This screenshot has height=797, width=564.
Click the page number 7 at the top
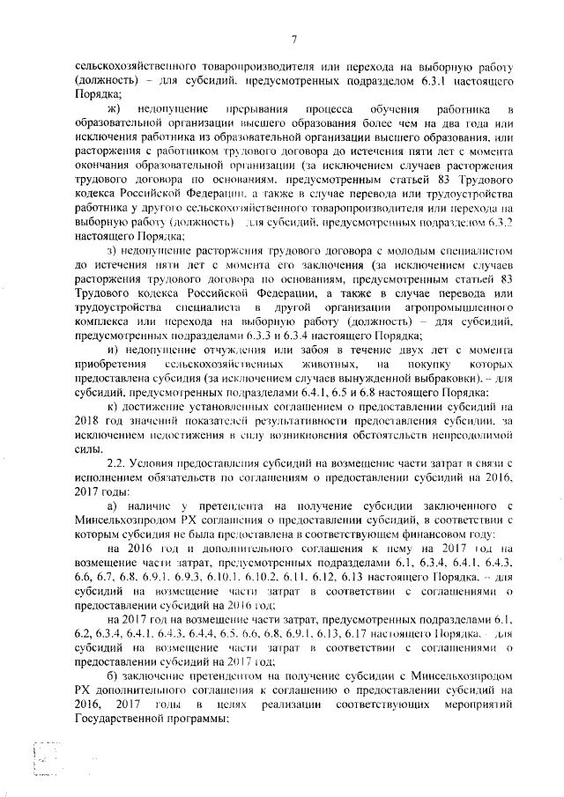pyautogui.click(x=294, y=38)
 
